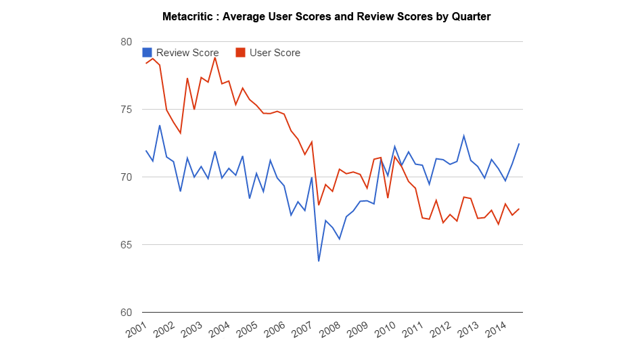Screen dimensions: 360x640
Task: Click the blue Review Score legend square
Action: click(147, 53)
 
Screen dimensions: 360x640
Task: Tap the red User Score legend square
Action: click(240, 53)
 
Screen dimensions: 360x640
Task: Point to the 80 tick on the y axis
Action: click(126, 42)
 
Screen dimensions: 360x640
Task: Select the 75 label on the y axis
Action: click(126, 110)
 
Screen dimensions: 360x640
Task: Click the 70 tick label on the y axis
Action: click(126, 177)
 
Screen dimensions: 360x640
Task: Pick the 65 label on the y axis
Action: click(126, 245)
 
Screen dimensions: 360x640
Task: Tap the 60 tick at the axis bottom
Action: click(126, 313)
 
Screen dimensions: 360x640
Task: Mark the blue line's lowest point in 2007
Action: click(319, 261)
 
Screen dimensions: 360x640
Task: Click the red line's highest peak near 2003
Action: click(215, 57)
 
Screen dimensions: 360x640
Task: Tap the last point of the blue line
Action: click(519, 143)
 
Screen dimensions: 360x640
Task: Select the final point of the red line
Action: click(519, 208)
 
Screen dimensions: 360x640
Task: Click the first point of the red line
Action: click(145, 63)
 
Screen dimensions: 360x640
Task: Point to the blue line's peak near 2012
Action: click(463, 135)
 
